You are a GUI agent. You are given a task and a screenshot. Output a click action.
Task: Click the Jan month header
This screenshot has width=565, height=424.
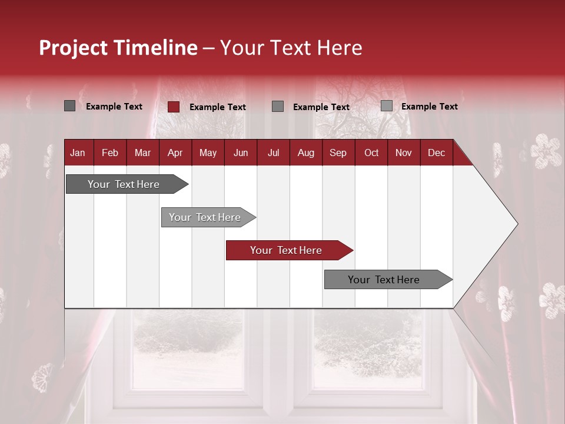pos(78,153)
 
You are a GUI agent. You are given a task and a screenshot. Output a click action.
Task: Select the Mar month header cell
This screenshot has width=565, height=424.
pos(142,153)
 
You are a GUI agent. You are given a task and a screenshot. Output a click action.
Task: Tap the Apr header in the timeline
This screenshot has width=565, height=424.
pos(175,153)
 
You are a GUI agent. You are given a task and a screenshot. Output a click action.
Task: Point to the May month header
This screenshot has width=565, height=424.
pos(208,153)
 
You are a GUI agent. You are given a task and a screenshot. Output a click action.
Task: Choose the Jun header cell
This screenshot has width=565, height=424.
pos(241,153)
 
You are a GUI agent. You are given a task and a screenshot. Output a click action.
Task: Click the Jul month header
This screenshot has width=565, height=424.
pos(273,153)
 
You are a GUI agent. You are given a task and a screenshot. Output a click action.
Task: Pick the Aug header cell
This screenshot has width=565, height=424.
pos(305,153)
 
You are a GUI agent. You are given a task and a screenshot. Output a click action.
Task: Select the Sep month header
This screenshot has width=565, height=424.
pos(338,153)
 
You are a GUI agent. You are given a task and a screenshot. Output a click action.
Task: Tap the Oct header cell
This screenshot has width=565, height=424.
pos(371,153)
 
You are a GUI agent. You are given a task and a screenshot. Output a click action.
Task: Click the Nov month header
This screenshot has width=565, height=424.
pos(404,153)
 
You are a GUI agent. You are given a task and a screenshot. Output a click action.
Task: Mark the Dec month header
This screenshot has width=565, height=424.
pos(436,153)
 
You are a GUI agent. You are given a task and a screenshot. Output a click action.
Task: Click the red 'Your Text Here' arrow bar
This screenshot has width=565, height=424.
pos(287,250)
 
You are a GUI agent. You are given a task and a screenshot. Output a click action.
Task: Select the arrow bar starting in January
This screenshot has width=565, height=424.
pos(124,184)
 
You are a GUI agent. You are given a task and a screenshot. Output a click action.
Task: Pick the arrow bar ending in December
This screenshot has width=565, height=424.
pos(384,280)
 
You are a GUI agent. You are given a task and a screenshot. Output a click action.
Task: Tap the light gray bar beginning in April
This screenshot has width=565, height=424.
pos(205,217)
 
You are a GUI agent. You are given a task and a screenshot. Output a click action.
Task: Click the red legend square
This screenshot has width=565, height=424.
pos(173,107)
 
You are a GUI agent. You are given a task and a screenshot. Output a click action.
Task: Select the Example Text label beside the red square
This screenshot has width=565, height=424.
pos(217,107)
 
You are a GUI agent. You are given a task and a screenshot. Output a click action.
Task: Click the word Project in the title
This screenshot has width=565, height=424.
pos(74,48)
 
